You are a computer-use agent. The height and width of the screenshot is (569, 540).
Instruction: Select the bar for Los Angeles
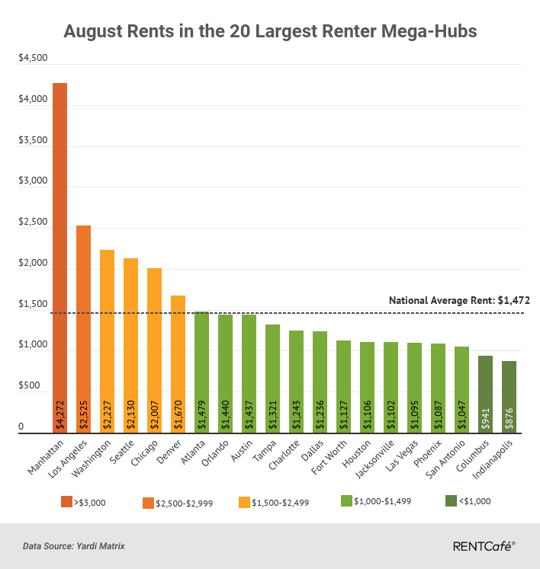click(83, 320)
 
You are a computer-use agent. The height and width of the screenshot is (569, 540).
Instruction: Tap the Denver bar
click(178, 358)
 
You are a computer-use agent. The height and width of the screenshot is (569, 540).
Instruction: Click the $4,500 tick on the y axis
click(32, 59)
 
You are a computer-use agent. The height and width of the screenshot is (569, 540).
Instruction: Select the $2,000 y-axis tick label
click(32, 264)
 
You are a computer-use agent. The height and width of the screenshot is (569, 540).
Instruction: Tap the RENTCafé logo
click(484, 545)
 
